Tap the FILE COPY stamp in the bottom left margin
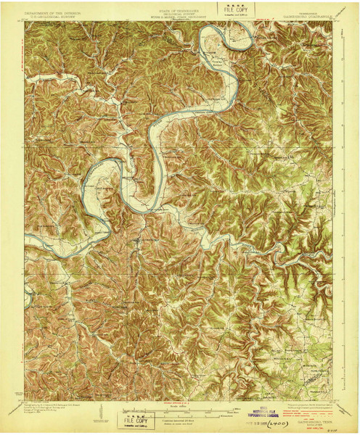[135, 419]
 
